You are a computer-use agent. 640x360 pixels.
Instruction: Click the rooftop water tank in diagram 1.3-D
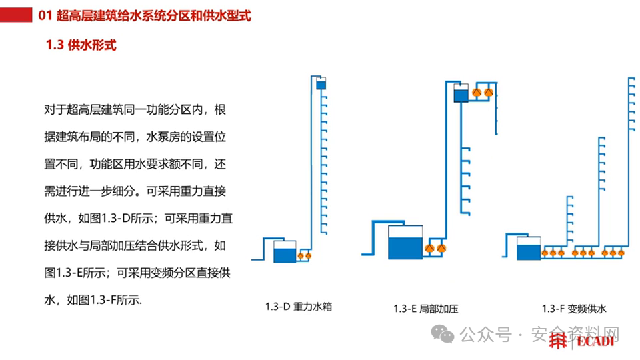[x=320, y=85]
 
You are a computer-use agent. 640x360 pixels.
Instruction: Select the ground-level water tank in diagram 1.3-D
[x=285, y=252]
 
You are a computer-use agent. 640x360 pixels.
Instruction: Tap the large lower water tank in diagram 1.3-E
[x=405, y=242]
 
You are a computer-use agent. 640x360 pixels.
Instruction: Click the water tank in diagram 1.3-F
[x=529, y=250]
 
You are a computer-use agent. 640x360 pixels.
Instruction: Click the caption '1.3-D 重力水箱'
[x=299, y=307]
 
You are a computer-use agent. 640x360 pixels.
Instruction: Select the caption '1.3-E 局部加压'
[x=426, y=309]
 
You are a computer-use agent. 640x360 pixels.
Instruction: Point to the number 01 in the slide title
[x=46, y=15]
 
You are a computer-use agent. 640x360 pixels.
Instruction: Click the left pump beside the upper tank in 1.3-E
[x=477, y=93]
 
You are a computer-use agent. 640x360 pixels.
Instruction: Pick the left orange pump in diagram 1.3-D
[x=301, y=255]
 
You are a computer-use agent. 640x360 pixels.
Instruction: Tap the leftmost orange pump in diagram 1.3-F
[x=546, y=253]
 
